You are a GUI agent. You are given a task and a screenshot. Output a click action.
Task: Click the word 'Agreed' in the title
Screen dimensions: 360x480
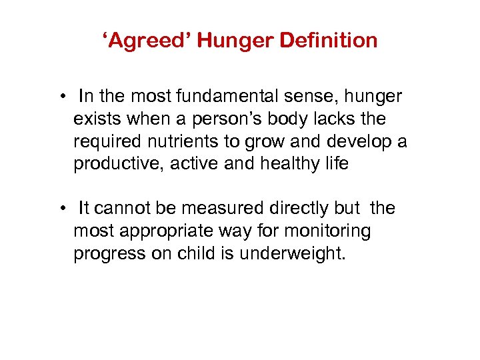coord(146,41)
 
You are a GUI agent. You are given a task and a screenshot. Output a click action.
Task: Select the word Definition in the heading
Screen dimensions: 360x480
coord(329,41)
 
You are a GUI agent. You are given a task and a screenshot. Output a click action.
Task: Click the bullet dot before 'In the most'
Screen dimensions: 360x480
coord(61,97)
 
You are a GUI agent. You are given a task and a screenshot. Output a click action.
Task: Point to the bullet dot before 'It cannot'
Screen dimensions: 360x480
coord(61,209)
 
